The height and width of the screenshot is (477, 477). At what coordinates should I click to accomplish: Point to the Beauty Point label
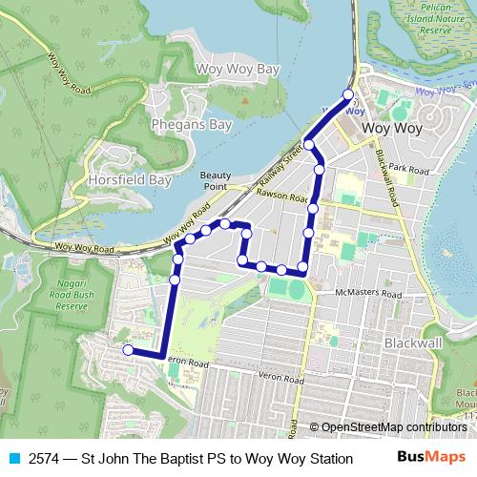pos(216,180)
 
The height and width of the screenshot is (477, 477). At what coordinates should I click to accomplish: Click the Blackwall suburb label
pos(412,342)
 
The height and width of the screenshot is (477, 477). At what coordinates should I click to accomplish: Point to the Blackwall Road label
pos(385,176)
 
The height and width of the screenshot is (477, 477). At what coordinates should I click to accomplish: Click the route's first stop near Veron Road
pos(128,350)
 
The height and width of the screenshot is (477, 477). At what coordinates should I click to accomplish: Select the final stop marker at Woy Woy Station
pos(347,94)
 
